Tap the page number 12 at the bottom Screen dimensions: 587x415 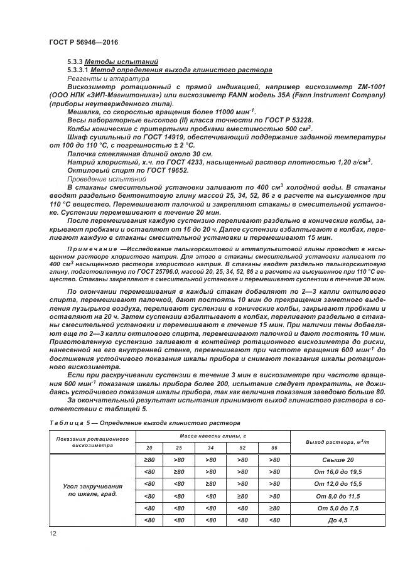point(53,532)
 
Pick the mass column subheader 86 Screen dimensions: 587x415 point(274,448)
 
